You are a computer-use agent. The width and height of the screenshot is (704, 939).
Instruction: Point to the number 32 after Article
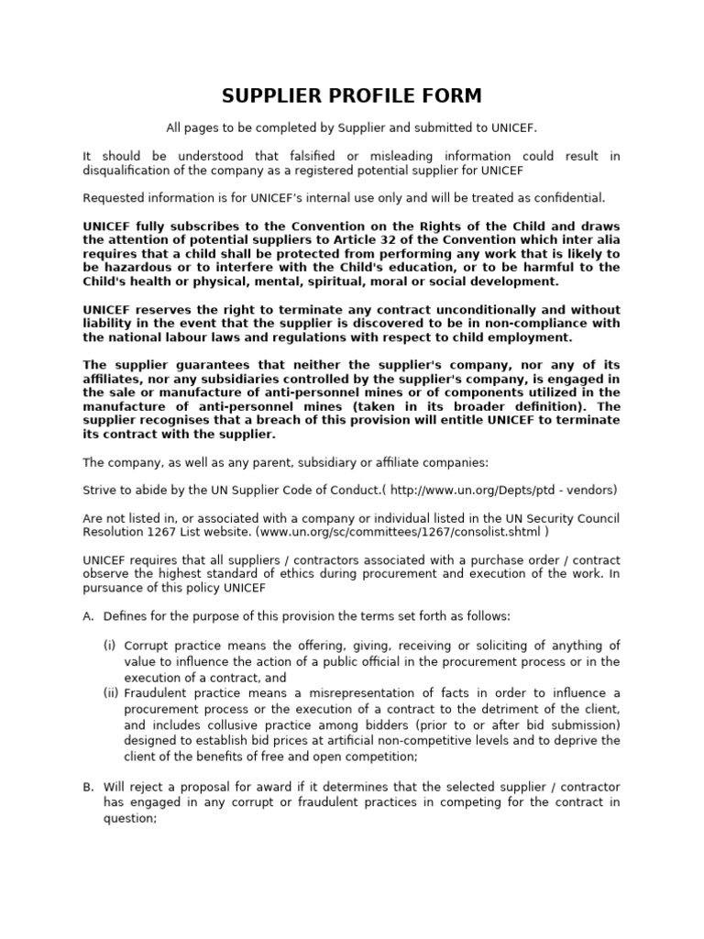[373, 240]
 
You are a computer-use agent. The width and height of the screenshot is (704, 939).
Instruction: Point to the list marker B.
[88, 787]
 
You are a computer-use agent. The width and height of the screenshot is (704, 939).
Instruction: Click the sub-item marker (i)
[109, 646]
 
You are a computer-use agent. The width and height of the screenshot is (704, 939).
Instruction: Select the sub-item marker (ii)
[111, 692]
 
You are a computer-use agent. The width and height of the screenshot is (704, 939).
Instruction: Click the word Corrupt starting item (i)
[145, 646]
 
